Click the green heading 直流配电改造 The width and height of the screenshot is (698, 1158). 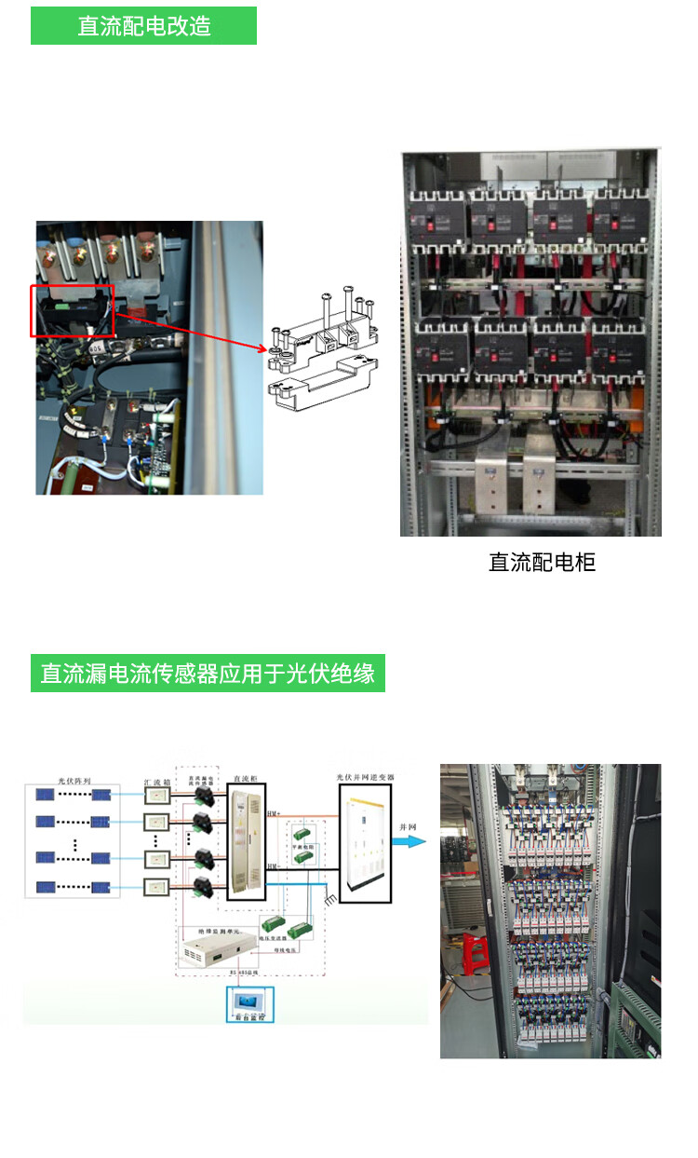point(143,26)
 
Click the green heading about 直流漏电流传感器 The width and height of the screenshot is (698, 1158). point(208,673)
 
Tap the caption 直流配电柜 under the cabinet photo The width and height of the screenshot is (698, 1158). point(542,562)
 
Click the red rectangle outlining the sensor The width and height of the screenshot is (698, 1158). point(73,311)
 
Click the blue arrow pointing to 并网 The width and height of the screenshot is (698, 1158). point(409,840)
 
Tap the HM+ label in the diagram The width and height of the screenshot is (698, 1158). point(274,814)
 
